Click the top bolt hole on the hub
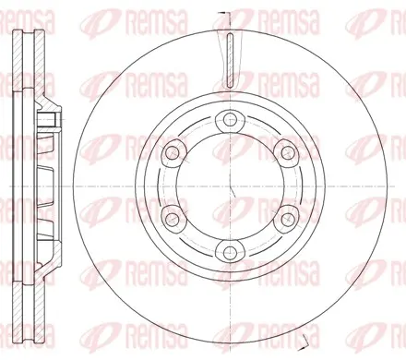click(230, 120)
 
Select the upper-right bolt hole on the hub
click(288, 152)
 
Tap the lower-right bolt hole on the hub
click(288, 219)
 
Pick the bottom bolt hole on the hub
click(230, 253)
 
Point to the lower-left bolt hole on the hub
click(172, 219)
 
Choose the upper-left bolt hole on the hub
click(172, 152)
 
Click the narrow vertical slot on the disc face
click(230, 59)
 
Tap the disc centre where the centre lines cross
click(230, 186)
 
